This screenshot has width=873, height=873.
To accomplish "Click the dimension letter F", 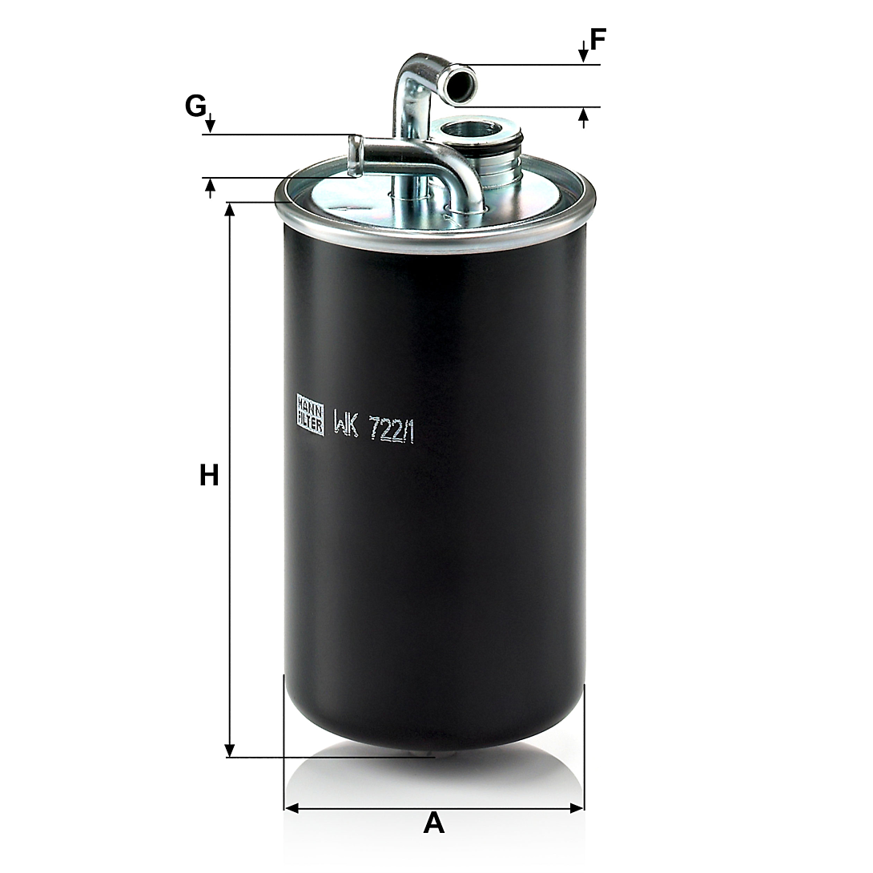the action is coord(597,39).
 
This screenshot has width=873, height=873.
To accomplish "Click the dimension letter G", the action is coord(195,106).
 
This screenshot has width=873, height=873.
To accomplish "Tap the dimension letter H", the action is coord(209,476).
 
